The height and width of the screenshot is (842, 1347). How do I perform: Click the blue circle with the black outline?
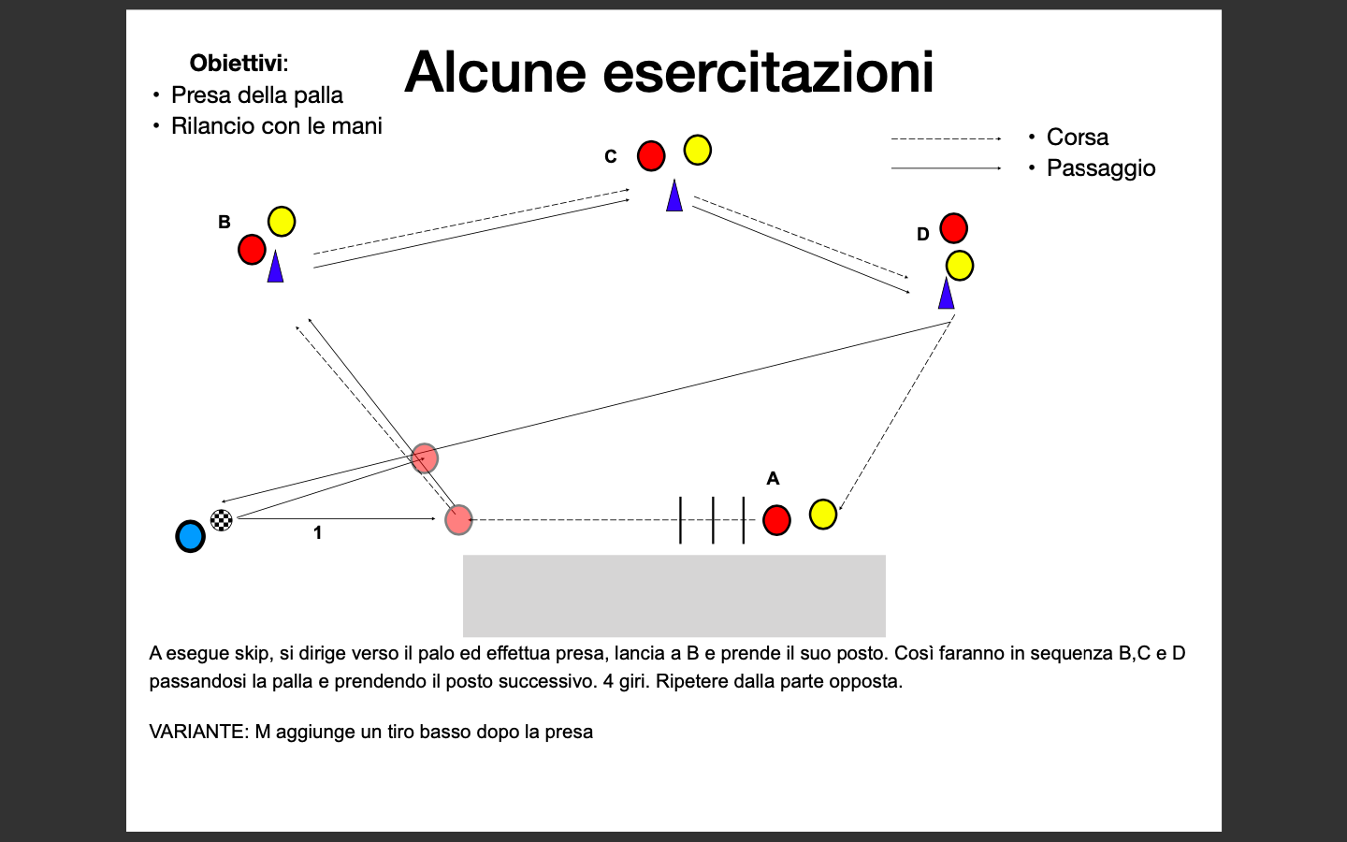[x=190, y=536]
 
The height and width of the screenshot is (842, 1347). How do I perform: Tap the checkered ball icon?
[x=222, y=519]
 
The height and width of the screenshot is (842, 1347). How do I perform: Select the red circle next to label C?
[x=651, y=155]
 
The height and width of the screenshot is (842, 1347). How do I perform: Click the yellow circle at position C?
[x=698, y=150]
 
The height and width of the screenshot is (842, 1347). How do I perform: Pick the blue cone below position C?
[x=674, y=196]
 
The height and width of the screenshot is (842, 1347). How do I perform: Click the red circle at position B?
[x=252, y=249]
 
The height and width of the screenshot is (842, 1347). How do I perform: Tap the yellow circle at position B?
[x=282, y=222]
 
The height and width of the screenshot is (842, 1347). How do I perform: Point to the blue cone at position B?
[x=275, y=267]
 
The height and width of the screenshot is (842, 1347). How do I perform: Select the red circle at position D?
[x=954, y=228]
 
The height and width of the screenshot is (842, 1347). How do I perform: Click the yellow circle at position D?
[x=960, y=266]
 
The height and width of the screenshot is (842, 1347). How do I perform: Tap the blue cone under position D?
[x=946, y=294]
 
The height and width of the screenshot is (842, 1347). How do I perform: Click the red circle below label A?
[x=776, y=519]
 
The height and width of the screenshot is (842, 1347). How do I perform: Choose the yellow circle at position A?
[x=823, y=515]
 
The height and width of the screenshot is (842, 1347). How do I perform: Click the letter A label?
[x=773, y=479]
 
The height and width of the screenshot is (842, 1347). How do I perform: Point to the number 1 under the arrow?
[x=317, y=533]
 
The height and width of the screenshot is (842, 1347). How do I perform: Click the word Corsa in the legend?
[x=1077, y=138]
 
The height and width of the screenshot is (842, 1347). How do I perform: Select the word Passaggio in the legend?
[x=1101, y=168]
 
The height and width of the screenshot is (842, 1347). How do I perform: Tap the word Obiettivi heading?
[x=239, y=64]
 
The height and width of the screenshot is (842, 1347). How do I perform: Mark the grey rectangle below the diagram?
[x=674, y=595]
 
